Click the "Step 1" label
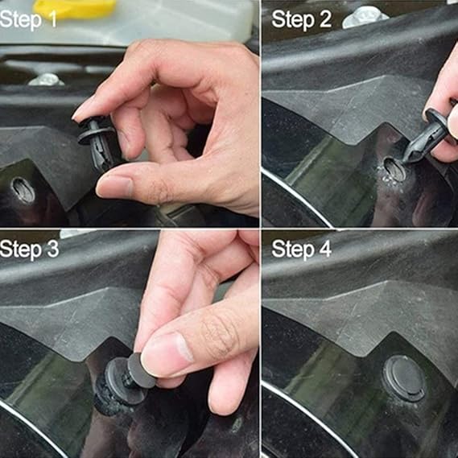pos(28,20)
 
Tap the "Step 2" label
pos(301,19)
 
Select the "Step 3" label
pos(29,250)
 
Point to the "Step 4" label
pos(301,250)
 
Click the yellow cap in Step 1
pos(75,8)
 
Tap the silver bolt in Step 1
pos(46,80)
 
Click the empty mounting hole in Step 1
pos(23,190)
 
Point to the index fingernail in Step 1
pos(80,113)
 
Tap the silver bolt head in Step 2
pos(365,18)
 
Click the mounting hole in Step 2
pos(395,169)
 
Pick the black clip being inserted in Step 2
pos(426,135)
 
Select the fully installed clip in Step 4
pos(404,378)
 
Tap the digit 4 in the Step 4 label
pos(324,250)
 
